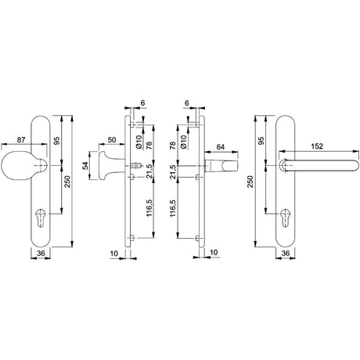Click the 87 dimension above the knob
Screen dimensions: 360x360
(21, 140)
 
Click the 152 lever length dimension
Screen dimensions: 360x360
(317, 146)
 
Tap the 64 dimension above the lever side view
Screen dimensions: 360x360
(221, 147)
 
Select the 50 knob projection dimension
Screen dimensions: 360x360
(112, 139)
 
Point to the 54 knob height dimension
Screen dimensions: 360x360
(85, 166)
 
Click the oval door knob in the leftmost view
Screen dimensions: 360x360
(18, 166)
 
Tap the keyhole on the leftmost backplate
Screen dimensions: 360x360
(40, 218)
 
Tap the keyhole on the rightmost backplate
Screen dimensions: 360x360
(286, 218)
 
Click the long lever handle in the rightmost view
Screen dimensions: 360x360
(319, 165)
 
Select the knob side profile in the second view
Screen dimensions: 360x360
(108, 166)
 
